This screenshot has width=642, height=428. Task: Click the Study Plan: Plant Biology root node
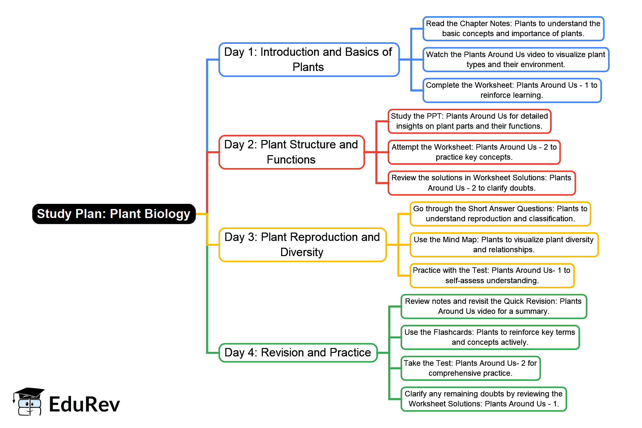114,214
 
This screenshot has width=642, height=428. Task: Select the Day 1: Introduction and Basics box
309,60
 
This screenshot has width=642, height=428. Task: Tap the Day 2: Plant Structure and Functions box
291,152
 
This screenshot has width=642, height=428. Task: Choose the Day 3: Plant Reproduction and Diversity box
302,245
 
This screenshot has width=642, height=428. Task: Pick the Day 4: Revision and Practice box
298,353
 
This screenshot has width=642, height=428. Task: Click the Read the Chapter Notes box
513,29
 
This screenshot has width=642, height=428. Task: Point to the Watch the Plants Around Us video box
515,60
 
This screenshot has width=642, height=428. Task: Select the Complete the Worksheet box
512,90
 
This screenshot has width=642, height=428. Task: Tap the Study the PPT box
469,121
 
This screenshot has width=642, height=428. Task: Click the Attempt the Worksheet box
474,152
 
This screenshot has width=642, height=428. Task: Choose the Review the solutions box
482,183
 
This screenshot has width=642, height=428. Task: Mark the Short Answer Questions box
500,214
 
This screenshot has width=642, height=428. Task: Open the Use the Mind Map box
504,245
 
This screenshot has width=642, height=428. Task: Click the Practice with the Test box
492,275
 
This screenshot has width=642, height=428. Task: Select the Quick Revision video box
494,306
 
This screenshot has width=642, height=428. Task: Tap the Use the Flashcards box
490,337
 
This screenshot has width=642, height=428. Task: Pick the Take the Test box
470,368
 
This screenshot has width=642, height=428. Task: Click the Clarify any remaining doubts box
484,399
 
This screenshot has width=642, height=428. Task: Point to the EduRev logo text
85,404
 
